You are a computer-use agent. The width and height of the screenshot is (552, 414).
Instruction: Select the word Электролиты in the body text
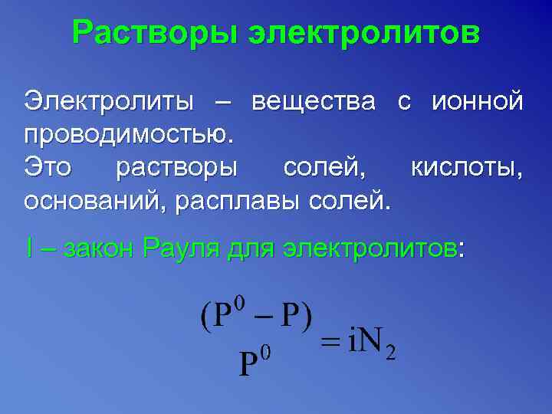click(107, 100)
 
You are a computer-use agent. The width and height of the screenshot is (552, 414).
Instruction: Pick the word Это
click(51, 166)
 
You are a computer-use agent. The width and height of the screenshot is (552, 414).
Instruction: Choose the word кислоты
click(468, 166)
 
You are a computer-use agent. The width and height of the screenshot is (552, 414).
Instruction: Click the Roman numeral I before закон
click(28, 248)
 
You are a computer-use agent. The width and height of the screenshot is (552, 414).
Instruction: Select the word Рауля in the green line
click(181, 248)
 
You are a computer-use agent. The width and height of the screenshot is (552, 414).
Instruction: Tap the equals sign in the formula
click(330, 343)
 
